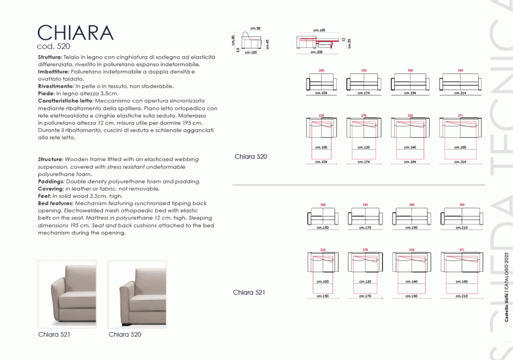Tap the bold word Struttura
click(x=49, y=57)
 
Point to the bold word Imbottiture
click(x=53, y=72)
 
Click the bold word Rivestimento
click(x=55, y=86)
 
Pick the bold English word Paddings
click(x=51, y=182)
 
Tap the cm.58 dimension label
click(x=255, y=28)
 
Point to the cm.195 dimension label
click(x=319, y=30)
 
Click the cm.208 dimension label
click(x=316, y=52)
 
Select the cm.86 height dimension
click(x=233, y=40)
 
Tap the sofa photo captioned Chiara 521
click(x=67, y=294)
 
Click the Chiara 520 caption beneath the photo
click(x=125, y=334)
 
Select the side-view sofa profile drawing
click(x=251, y=41)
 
